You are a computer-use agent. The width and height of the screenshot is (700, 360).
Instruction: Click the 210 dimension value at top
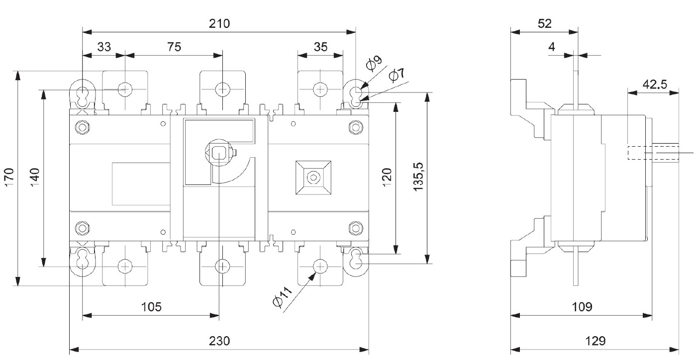(x=219, y=23)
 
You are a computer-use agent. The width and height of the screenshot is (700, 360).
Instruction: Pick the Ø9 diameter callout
(x=374, y=64)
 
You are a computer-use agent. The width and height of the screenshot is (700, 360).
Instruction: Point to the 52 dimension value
(x=545, y=23)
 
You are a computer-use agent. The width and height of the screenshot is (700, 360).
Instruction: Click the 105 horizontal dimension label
(x=151, y=307)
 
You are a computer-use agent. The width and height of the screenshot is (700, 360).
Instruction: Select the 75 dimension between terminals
(x=174, y=47)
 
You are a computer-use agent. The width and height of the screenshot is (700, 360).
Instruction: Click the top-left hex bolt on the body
(x=82, y=127)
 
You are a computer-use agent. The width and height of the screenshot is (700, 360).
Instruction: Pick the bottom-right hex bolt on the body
(x=355, y=228)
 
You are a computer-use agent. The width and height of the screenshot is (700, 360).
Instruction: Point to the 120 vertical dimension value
(x=389, y=177)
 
